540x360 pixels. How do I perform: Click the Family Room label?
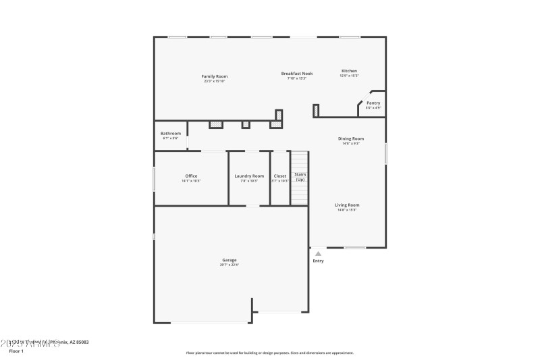(x=215, y=76)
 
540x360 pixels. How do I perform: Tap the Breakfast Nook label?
(x=297, y=73)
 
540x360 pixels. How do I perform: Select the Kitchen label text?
(x=349, y=71)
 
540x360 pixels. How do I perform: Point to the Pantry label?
(x=373, y=103)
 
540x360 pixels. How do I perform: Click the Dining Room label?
(x=351, y=138)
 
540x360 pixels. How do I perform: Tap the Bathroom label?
(x=170, y=134)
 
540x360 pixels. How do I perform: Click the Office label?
(x=191, y=176)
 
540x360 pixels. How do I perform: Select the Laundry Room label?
(x=249, y=176)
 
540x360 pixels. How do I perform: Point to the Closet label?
(x=279, y=176)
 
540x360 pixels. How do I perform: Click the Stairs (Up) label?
(x=300, y=176)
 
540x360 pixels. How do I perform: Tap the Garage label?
(x=230, y=260)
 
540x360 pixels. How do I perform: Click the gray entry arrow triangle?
(x=318, y=254)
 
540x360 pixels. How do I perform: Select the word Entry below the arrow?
(x=318, y=261)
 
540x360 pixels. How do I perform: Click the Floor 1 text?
(x=16, y=351)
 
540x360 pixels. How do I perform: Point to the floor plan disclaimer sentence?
(x=269, y=353)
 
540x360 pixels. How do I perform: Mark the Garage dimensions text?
(x=230, y=265)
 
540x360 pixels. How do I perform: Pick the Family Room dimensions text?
(x=215, y=81)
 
